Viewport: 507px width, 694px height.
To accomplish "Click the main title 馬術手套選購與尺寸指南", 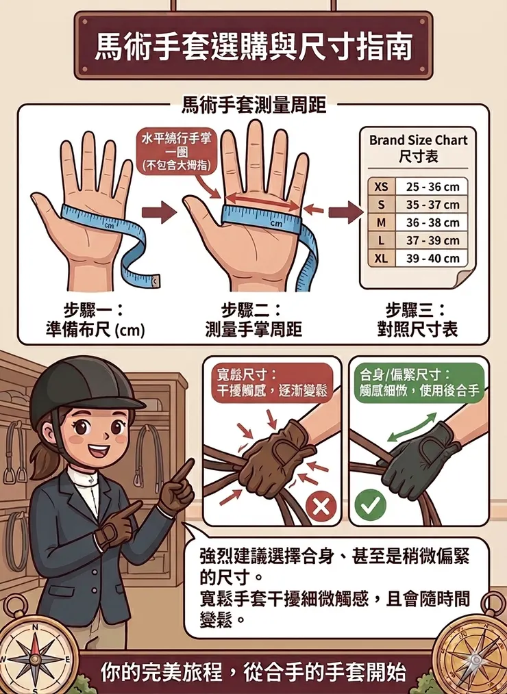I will [253, 46].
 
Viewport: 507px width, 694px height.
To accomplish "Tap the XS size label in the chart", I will [381, 187].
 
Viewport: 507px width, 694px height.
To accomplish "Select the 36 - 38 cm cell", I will [432, 222].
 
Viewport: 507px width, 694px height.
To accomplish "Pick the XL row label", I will [381, 258].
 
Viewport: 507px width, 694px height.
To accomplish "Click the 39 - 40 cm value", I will [432, 258].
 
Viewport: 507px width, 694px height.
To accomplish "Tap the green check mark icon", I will [370, 507].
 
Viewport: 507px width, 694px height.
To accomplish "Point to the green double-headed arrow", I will [414, 426].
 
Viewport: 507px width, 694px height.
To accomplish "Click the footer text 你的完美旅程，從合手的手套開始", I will [253, 672].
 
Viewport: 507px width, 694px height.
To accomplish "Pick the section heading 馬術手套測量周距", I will [253, 105].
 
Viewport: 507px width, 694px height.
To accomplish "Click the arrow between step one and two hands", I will [163, 212].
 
